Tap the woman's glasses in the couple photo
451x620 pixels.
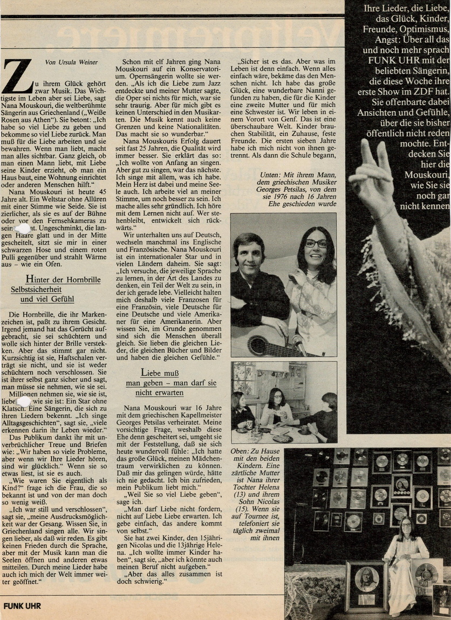tap(316, 243)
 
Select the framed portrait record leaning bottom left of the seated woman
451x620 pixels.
tap(366, 585)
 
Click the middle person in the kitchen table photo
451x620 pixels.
tap(276, 408)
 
